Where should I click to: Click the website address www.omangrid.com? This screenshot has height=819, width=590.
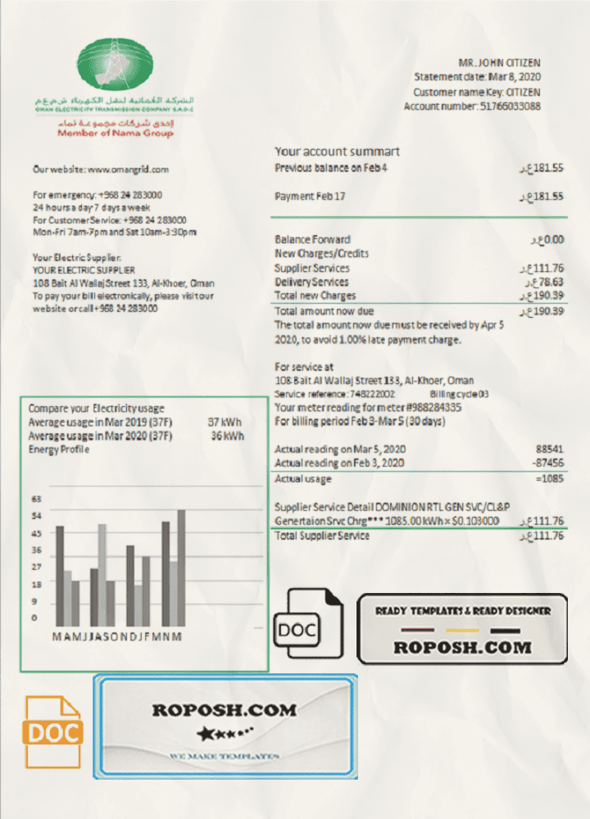(x=128, y=170)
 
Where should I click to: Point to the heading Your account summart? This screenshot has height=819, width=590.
(x=337, y=152)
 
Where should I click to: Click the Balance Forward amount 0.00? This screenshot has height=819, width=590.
(x=551, y=239)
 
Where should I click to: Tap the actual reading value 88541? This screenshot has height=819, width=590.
(x=549, y=450)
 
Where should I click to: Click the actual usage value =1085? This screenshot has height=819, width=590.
(x=547, y=479)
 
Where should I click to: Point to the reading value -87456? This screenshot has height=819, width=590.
(x=547, y=464)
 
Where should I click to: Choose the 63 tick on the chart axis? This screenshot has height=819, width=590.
(x=36, y=499)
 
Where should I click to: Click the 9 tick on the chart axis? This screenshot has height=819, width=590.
(x=34, y=602)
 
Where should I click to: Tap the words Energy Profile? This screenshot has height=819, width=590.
(x=59, y=450)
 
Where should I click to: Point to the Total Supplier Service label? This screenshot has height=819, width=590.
(x=322, y=536)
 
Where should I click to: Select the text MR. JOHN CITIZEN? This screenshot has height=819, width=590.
(x=499, y=63)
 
